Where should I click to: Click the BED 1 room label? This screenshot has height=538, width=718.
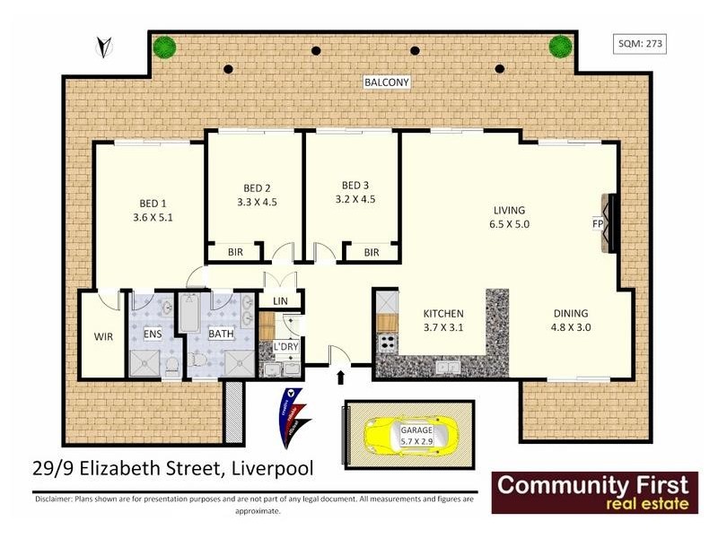tap(149, 202)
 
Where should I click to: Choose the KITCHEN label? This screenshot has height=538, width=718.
tap(442, 313)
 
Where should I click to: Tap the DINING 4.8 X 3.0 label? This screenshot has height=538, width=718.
tap(570, 320)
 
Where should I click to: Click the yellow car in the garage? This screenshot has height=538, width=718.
tap(403, 436)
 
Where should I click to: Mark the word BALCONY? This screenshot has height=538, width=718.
tap(387, 82)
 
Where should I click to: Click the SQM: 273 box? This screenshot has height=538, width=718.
tap(641, 42)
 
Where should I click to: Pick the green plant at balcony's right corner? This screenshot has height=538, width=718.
tap(561, 46)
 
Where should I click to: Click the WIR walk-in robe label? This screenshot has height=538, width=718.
tap(104, 337)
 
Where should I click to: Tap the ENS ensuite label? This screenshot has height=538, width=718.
tap(153, 334)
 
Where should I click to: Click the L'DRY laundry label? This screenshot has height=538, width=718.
tap(284, 346)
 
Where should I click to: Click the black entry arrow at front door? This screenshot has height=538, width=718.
tap(339, 377)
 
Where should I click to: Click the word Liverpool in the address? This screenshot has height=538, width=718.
tap(274, 467)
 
